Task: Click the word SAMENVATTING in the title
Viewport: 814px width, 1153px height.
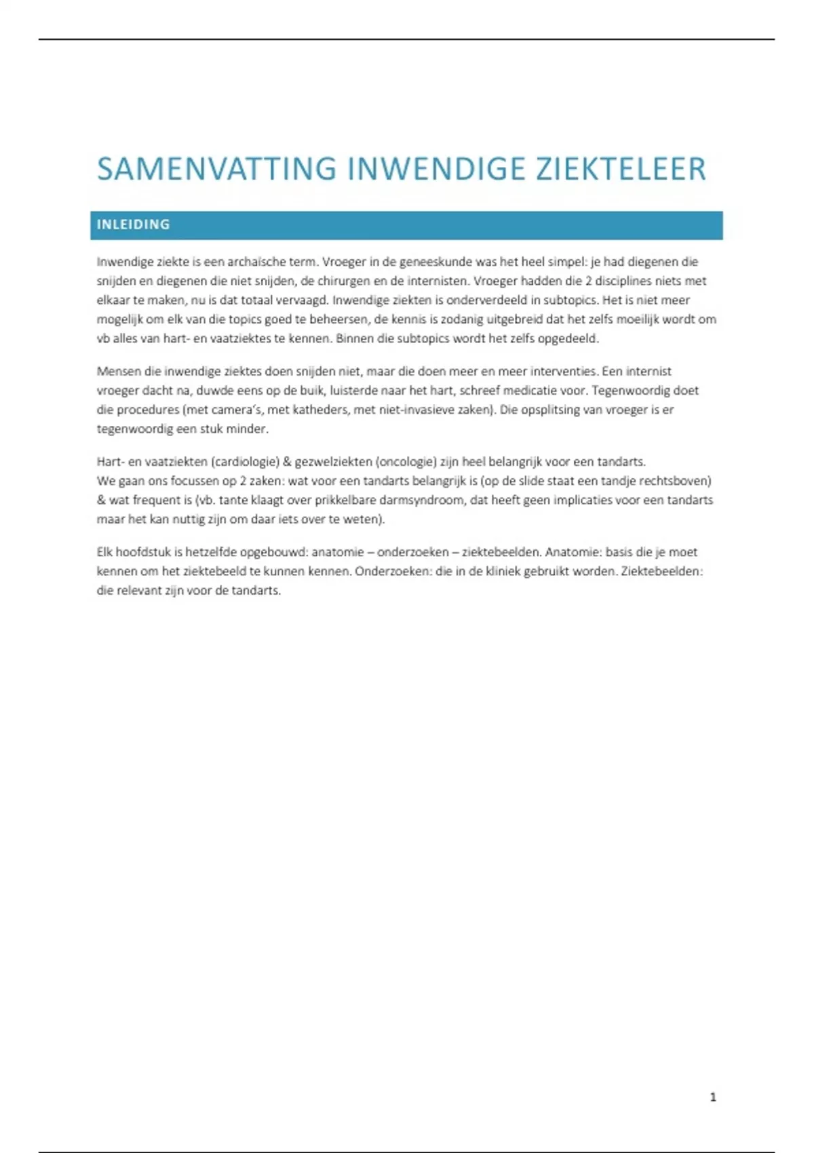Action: (216, 169)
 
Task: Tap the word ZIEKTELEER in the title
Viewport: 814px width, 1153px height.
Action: (621, 169)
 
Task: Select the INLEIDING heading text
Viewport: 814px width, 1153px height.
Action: (133, 224)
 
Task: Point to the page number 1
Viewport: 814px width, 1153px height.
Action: (713, 1097)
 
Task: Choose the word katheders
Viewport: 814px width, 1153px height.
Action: (319, 410)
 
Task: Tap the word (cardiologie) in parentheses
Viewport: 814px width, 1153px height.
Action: (246, 462)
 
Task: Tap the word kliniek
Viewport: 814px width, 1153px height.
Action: (503, 571)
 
